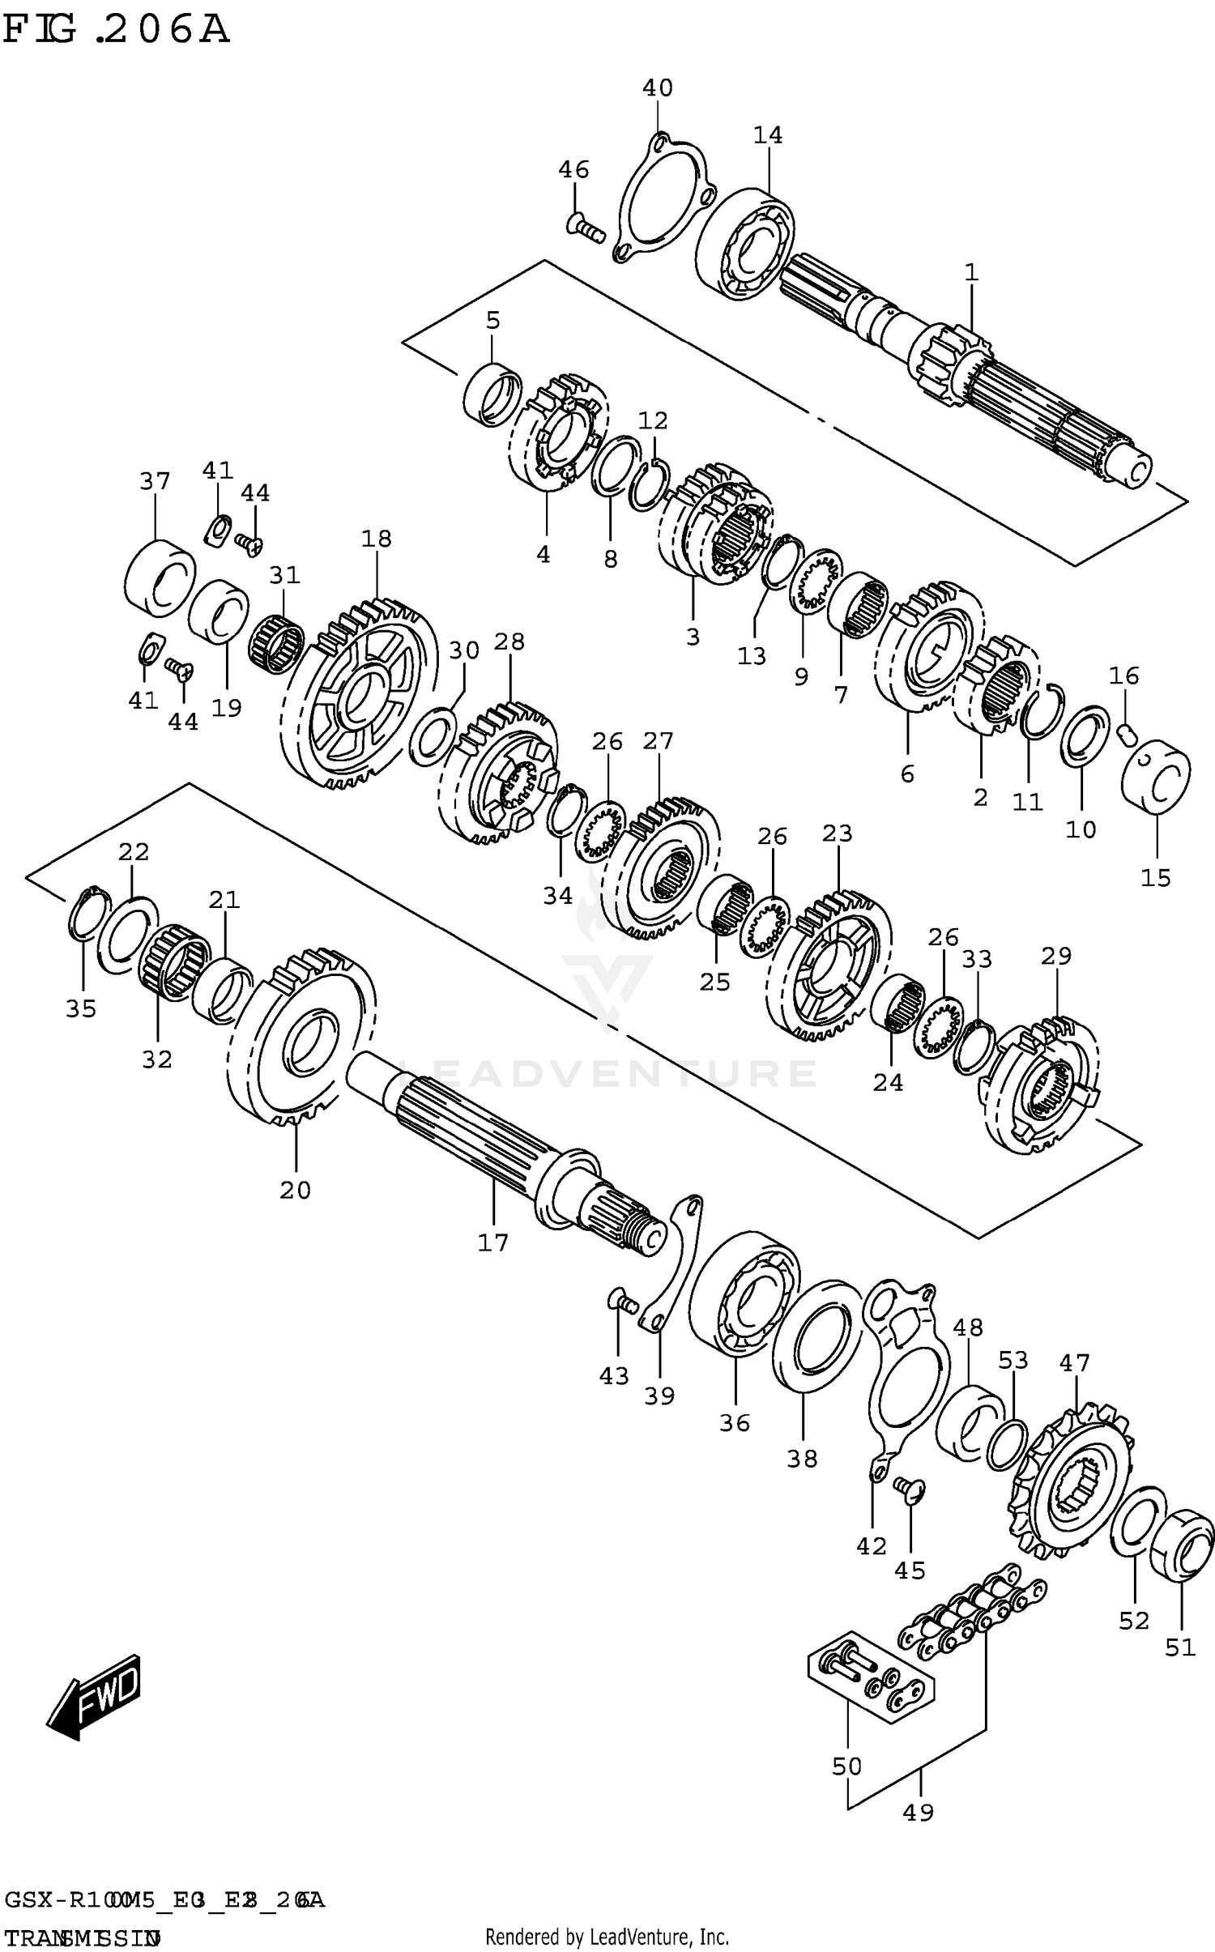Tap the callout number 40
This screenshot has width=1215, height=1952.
click(x=657, y=87)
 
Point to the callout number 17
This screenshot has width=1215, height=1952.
click(x=492, y=1242)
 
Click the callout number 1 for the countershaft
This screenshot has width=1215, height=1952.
click(x=971, y=273)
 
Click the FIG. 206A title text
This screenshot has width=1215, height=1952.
click(x=116, y=30)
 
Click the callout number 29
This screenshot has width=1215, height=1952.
click(x=1055, y=957)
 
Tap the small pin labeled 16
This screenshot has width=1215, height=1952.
click(x=1127, y=732)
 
